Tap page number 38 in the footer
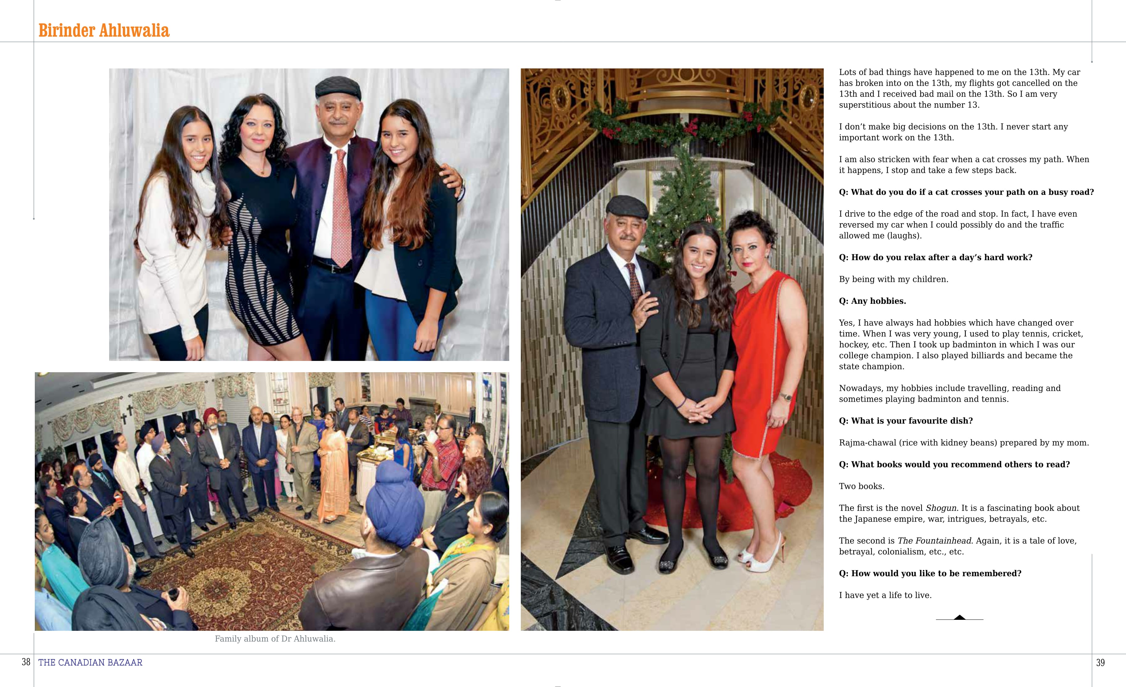(x=26, y=662)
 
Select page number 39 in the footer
(x=1100, y=662)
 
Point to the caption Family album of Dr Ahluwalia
(x=275, y=639)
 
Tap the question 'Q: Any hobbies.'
(x=872, y=301)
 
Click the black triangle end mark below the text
(x=960, y=617)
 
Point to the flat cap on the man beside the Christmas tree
(x=626, y=207)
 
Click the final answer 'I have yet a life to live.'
(x=885, y=595)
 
